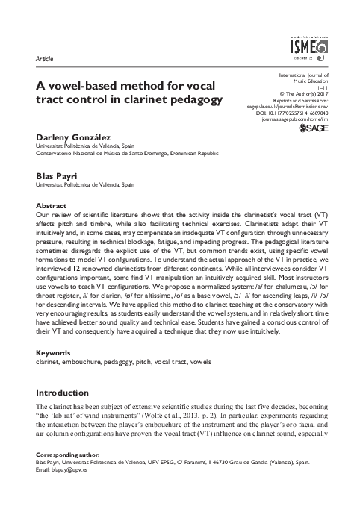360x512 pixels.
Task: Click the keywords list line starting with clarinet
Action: [113, 362]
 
